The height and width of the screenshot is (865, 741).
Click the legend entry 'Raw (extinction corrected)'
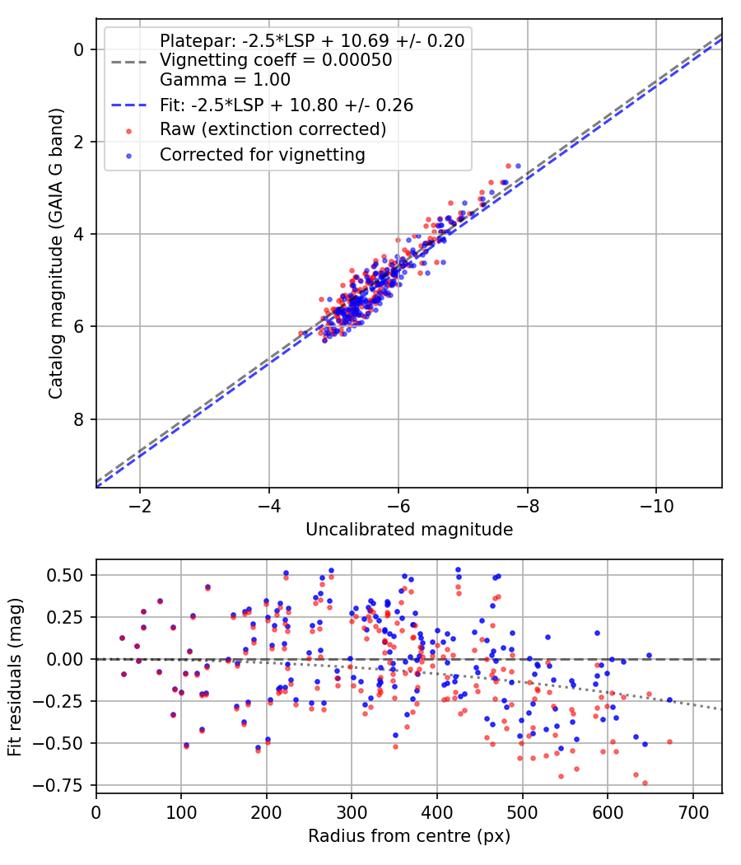click(273, 129)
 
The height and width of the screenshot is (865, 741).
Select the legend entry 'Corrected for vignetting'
click(262, 155)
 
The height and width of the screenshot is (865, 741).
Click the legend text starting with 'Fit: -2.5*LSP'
click(286, 105)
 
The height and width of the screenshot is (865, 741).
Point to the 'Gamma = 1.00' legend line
click(225, 80)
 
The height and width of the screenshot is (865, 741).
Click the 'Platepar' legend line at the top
click(312, 40)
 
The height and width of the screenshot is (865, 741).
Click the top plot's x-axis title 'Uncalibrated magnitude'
click(409, 530)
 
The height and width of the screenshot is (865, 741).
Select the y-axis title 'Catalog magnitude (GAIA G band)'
click(56, 257)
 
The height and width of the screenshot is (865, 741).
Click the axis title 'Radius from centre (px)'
click(409, 836)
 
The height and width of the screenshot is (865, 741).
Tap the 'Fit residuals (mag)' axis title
click(14, 677)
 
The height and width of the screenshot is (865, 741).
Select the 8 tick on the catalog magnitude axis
click(80, 419)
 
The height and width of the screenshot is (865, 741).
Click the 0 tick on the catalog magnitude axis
click(80, 49)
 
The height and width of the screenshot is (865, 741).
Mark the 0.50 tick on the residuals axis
click(70, 575)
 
